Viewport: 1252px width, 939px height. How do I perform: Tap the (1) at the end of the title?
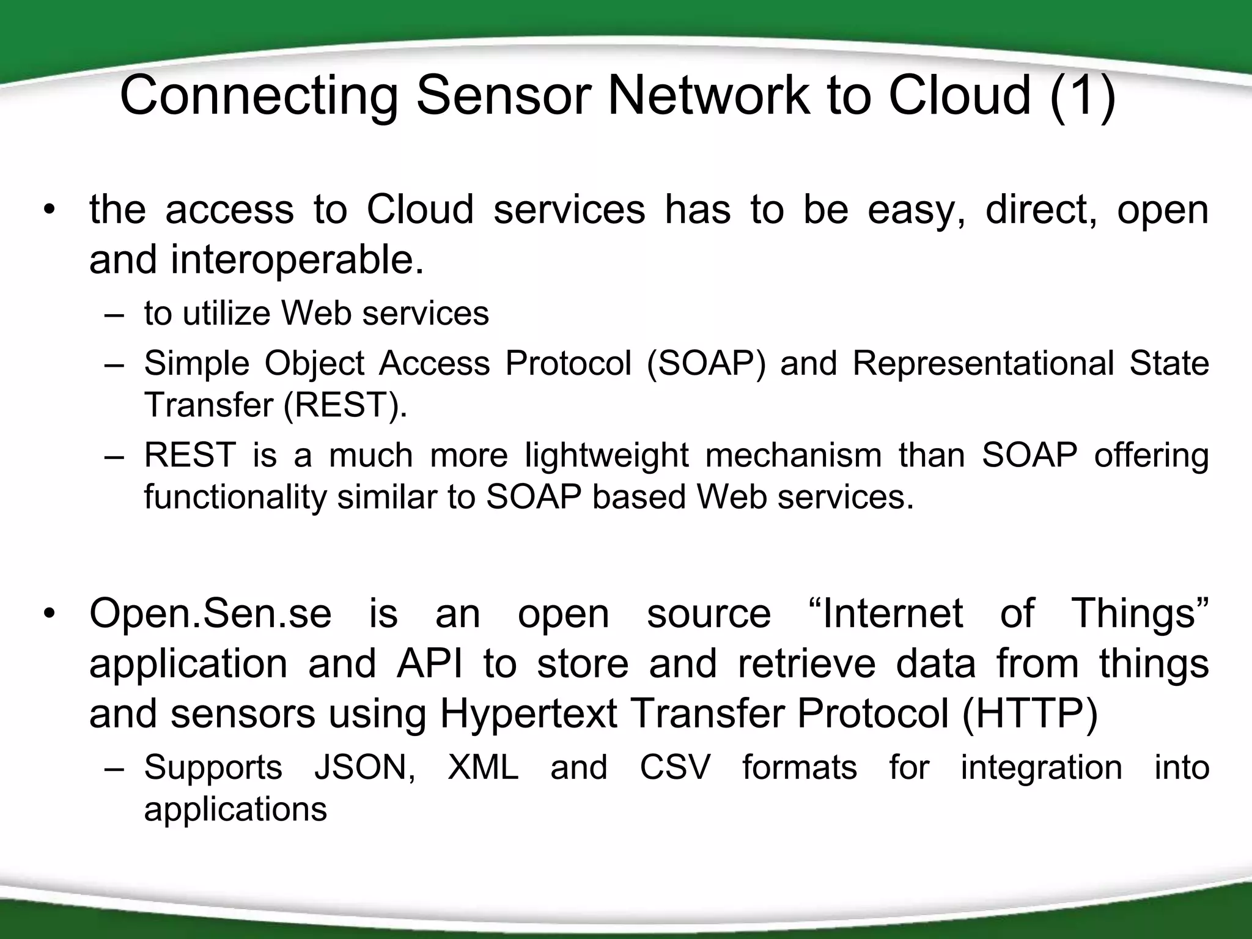tap(1083, 95)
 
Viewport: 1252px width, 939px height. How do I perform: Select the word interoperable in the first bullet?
tap(296, 259)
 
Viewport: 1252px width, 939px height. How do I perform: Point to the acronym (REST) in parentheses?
tap(345, 405)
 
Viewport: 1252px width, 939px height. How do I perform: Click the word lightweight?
tap(606, 455)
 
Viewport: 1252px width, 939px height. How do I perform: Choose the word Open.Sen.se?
tap(210, 613)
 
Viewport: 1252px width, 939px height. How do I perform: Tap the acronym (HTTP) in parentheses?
tap(1029, 713)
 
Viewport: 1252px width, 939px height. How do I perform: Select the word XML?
tap(482, 767)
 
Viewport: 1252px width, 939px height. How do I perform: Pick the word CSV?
tap(675, 767)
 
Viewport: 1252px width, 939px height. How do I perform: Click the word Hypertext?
tap(528, 713)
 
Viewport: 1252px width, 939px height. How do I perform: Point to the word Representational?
tap(982, 363)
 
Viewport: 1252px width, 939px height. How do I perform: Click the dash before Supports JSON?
tap(114, 768)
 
